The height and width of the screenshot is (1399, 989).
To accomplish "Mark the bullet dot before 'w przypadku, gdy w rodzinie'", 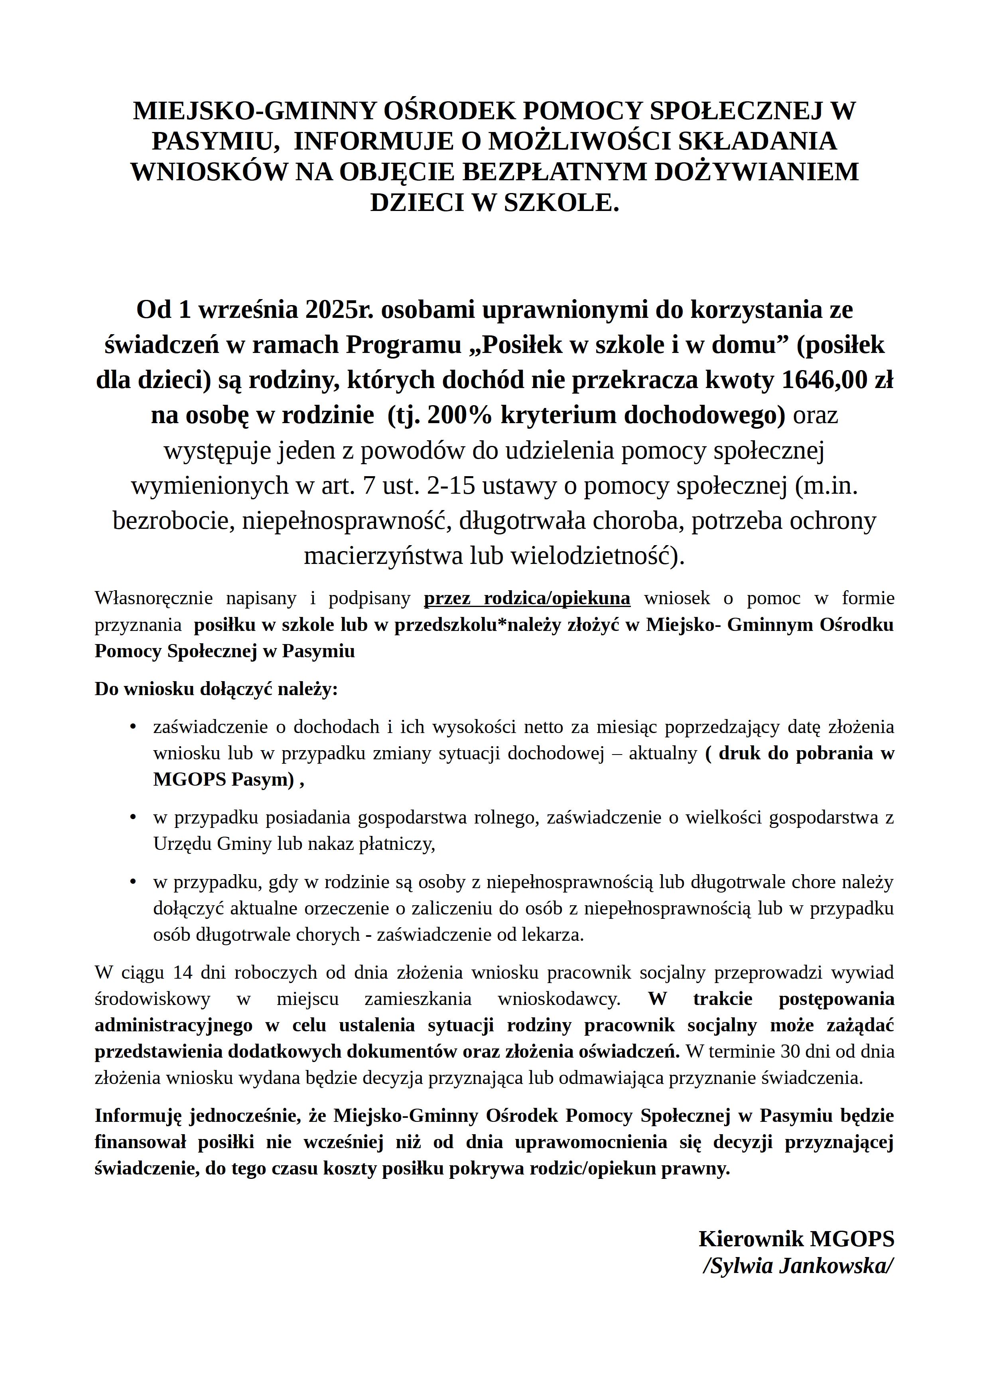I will (133, 882).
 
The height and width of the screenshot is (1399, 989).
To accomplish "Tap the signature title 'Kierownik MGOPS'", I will (796, 1239).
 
